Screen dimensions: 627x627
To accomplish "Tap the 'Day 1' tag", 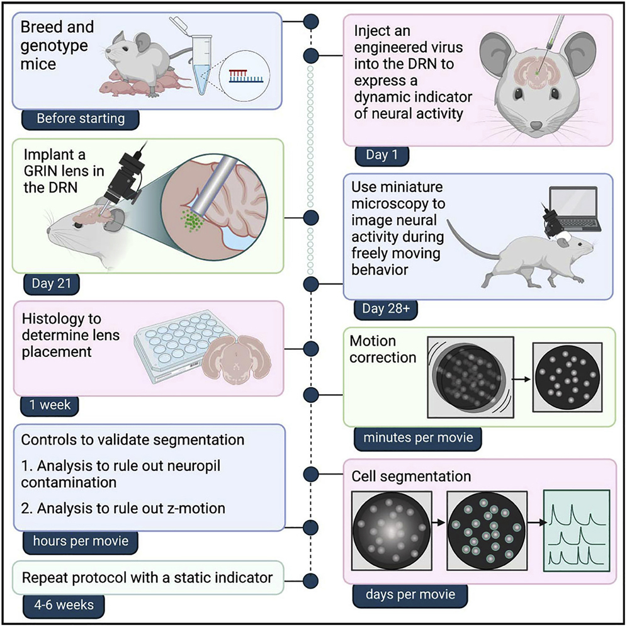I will [x=382, y=155].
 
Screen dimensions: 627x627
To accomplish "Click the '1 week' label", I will [x=50, y=405].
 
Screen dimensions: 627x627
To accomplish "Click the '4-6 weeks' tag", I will [x=62, y=605].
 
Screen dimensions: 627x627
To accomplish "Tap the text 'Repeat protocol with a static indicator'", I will [x=147, y=577].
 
